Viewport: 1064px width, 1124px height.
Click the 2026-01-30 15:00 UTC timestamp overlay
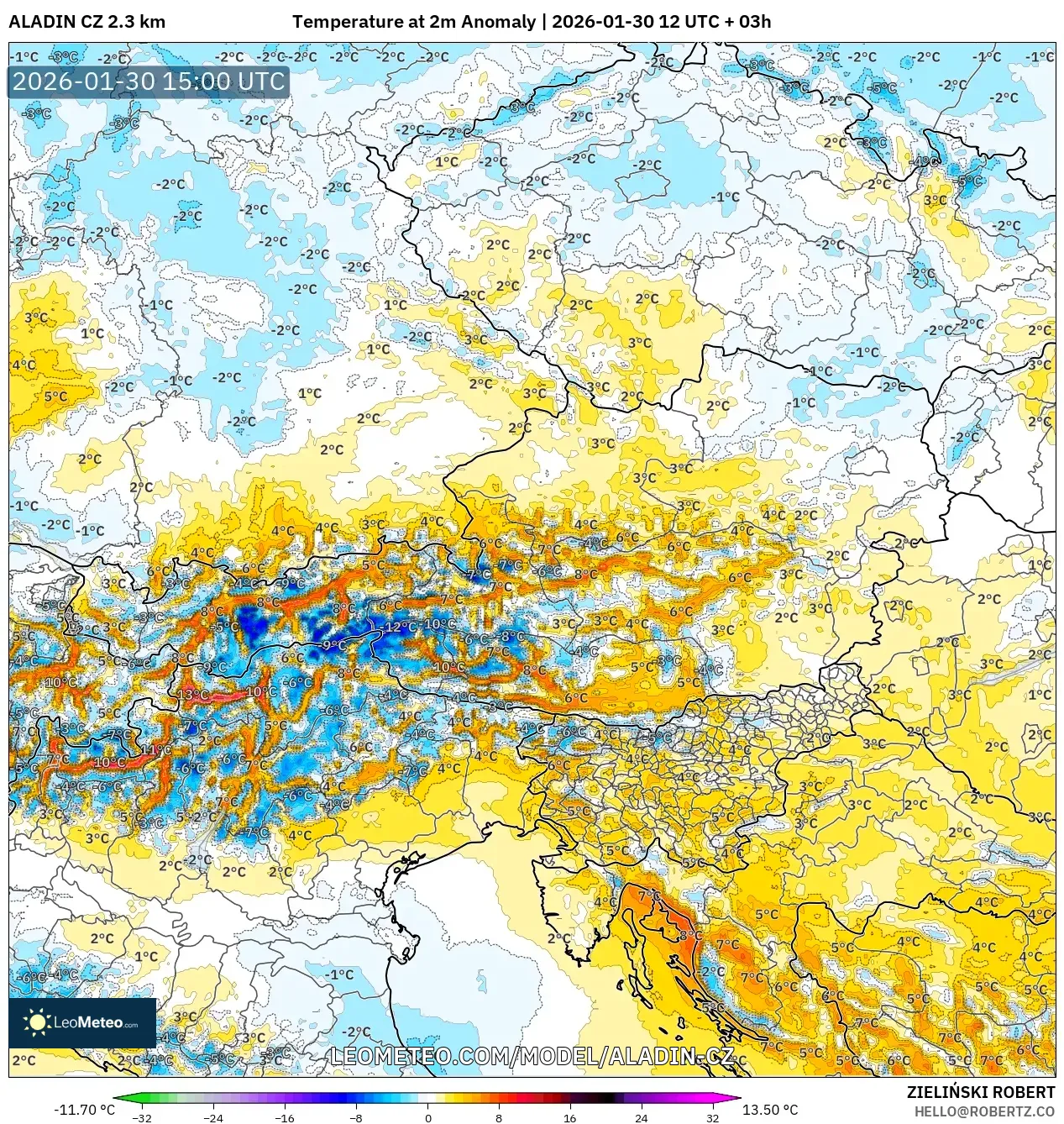coord(149,82)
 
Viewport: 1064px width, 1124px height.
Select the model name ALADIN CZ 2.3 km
coord(86,22)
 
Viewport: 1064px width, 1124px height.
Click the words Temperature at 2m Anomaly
coord(414,22)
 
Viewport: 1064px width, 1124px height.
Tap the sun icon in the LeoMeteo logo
coord(37,1022)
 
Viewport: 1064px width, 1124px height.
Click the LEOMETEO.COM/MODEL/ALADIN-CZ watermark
coord(532,1057)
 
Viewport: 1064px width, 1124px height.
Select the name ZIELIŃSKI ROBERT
coord(981,1093)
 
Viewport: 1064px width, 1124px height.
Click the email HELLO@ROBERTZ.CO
coord(984,1111)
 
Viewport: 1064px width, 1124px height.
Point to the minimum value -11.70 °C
coord(84,1110)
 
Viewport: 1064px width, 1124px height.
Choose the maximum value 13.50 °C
coord(770,1110)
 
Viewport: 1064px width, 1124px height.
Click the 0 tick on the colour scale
coord(428,1117)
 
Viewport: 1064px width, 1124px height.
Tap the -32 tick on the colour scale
coord(142,1117)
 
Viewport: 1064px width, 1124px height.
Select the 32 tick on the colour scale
coord(713,1117)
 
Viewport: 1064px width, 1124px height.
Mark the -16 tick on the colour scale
coord(286,1117)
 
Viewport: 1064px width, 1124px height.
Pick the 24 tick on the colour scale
coord(642,1117)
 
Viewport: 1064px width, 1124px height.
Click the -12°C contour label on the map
coord(396,627)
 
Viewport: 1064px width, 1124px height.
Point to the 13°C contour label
coord(192,695)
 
